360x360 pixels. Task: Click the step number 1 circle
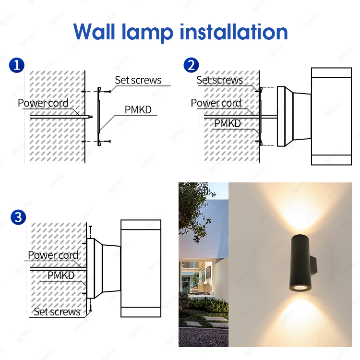(18, 65)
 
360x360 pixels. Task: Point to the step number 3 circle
(18, 217)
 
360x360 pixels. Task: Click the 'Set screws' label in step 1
(138, 80)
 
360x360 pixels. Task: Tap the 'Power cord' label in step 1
(43, 103)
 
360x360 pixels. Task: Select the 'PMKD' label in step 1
(138, 110)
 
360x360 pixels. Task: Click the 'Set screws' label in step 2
(219, 80)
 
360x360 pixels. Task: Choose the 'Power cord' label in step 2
(216, 103)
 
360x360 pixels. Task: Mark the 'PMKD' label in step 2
(227, 123)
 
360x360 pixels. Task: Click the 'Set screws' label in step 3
(57, 312)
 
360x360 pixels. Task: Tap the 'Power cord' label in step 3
(53, 255)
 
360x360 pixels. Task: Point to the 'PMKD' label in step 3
(61, 276)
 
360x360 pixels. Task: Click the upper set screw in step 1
(108, 91)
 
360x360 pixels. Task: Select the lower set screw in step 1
(107, 141)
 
